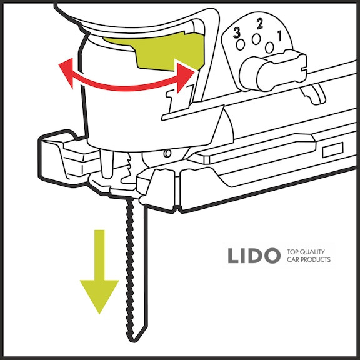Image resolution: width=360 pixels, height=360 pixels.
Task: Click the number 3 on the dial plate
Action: [237, 33]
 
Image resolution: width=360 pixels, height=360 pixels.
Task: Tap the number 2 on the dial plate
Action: [259, 24]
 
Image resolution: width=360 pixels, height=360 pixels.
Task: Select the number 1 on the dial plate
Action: [279, 36]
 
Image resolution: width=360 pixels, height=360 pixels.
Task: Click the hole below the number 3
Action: [241, 45]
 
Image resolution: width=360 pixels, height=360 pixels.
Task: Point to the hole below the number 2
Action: [256, 39]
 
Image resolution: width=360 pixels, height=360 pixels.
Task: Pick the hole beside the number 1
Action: [269, 47]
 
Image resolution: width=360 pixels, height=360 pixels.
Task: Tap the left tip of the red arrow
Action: [59, 65]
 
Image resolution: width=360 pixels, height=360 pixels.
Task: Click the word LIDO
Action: [254, 256]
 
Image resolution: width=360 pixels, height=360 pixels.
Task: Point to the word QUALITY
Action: [312, 252]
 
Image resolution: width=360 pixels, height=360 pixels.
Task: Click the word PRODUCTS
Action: [316, 259]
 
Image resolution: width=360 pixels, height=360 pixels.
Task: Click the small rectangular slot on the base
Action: [332, 150]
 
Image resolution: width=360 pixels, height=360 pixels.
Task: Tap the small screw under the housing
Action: [168, 153]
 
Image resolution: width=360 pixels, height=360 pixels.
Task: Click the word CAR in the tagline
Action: [292, 259]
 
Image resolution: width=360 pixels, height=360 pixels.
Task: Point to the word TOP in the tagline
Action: [292, 252]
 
